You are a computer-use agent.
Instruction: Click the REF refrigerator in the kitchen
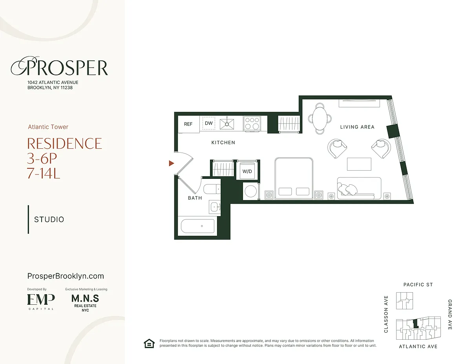[x=188, y=124]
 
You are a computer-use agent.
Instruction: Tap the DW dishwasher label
[x=208, y=123]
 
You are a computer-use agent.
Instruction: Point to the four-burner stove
[x=252, y=123]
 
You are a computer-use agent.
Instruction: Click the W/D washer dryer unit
[x=247, y=171]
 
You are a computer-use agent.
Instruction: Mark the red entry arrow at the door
[x=172, y=163]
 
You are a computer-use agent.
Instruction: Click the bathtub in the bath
[x=197, y=226]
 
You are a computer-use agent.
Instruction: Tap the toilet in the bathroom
[x=212, y=189]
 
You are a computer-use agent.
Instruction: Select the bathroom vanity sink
[x=215, y=207]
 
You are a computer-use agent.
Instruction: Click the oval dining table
[x=320, y=118]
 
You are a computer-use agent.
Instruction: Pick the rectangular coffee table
[x=359, y=164]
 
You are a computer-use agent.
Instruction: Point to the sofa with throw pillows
[x=359, y=188]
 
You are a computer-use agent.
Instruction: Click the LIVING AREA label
[x=357, y=127]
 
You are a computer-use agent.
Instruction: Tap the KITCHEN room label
[x=223, y=142]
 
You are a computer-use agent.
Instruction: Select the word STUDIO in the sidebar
[x=49, y=220]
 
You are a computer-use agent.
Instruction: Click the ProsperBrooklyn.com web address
[x=66, y=276]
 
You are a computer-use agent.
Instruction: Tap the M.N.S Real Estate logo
[x=85, y=303]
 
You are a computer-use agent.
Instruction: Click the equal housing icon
[x=149, y=343]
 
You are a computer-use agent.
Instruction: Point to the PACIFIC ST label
[x=418, y=284]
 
